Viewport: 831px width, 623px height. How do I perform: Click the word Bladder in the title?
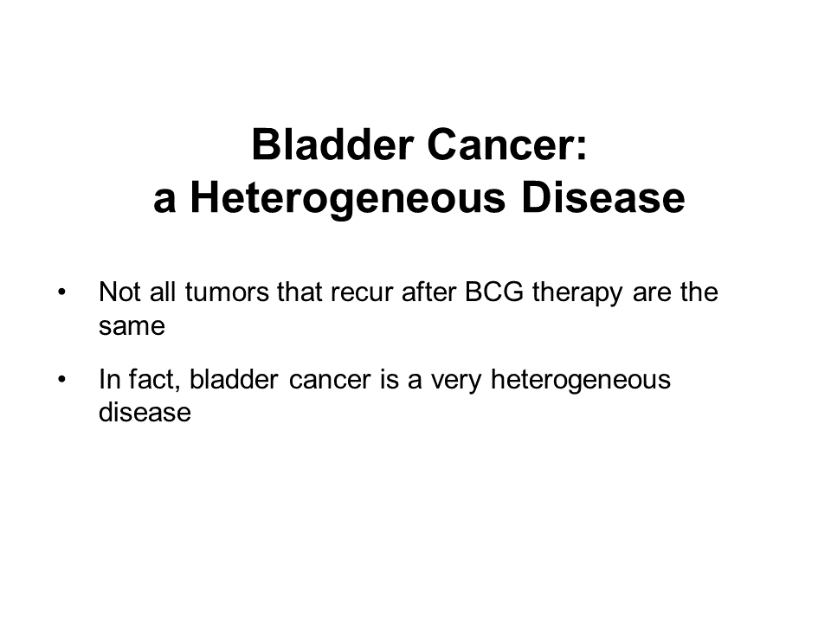[x=332, y=145]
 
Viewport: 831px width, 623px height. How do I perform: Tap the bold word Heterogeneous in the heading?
[x=348, y=199]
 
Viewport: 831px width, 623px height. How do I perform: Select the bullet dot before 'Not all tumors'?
[x=62, y=292]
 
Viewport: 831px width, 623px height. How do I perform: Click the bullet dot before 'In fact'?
[x=62, y=379]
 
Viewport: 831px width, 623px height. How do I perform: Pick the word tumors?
[x=227, y=292]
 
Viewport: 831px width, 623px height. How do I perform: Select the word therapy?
[x=577, y=294]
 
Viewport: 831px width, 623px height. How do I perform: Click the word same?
[x=132, y=327]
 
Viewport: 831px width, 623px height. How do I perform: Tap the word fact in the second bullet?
[x=155, y=379]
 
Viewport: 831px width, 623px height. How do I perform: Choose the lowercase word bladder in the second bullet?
[x=234, y=379]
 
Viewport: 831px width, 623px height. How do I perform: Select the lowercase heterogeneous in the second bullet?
[x=581, y=382]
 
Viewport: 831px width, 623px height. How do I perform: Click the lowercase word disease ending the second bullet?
[x=145, y=412]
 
